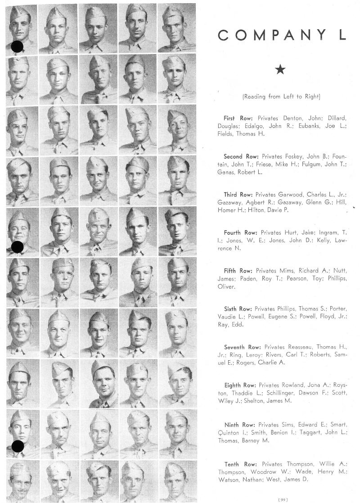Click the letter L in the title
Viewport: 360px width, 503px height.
click(342, 35)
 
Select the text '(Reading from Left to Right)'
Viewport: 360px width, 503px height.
click(281, 96)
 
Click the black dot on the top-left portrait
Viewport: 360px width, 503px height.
click(17, 46)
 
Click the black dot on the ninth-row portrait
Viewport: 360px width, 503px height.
click(17, 446)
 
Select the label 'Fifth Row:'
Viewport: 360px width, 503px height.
click(239, 271)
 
